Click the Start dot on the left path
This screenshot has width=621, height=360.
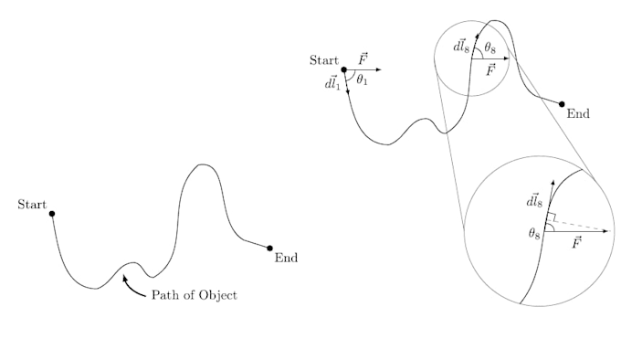coord(52,214)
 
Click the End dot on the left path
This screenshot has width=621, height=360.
coord(269,249)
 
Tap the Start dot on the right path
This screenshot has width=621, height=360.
coord(343,69)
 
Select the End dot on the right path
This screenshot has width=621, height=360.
coord(562,104)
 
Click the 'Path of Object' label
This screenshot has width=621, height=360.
coord(195,295)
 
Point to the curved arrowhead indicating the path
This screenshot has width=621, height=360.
coord(125,278)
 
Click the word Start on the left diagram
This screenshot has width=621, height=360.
coord(32,205)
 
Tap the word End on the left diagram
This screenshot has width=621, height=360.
coord(286,258)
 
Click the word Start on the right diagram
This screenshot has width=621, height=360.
coord(324,60)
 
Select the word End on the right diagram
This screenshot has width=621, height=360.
coord(578,113)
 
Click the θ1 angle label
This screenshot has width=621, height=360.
coord(362,80)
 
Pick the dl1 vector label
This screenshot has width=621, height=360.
coord(332,83)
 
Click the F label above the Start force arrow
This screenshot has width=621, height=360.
coord(363,59)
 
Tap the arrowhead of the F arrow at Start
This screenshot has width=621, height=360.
coord(379,69)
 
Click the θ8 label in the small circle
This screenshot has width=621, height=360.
coord(489,48)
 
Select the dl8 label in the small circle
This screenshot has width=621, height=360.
coord(461,47)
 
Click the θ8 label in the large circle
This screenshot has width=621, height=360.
coord(534,234)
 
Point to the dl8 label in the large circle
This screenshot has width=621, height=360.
coord(534,201)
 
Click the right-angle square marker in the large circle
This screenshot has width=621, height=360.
coord(552,217)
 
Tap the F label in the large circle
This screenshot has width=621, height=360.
coord(576,242)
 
